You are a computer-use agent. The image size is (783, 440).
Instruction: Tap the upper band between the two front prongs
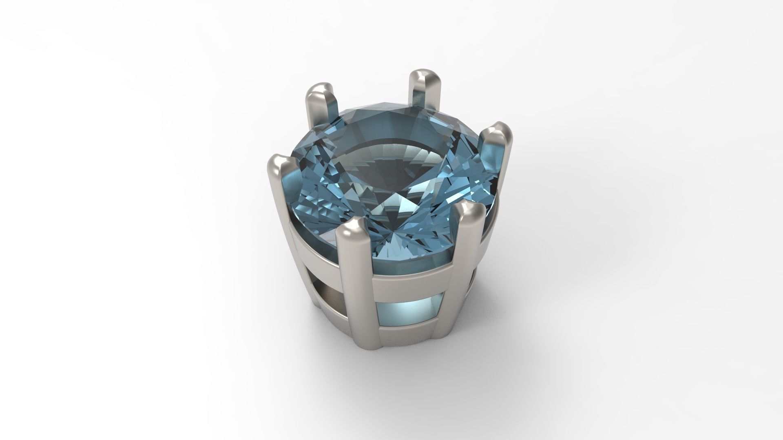pyautogui.click(x=412, y=277)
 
